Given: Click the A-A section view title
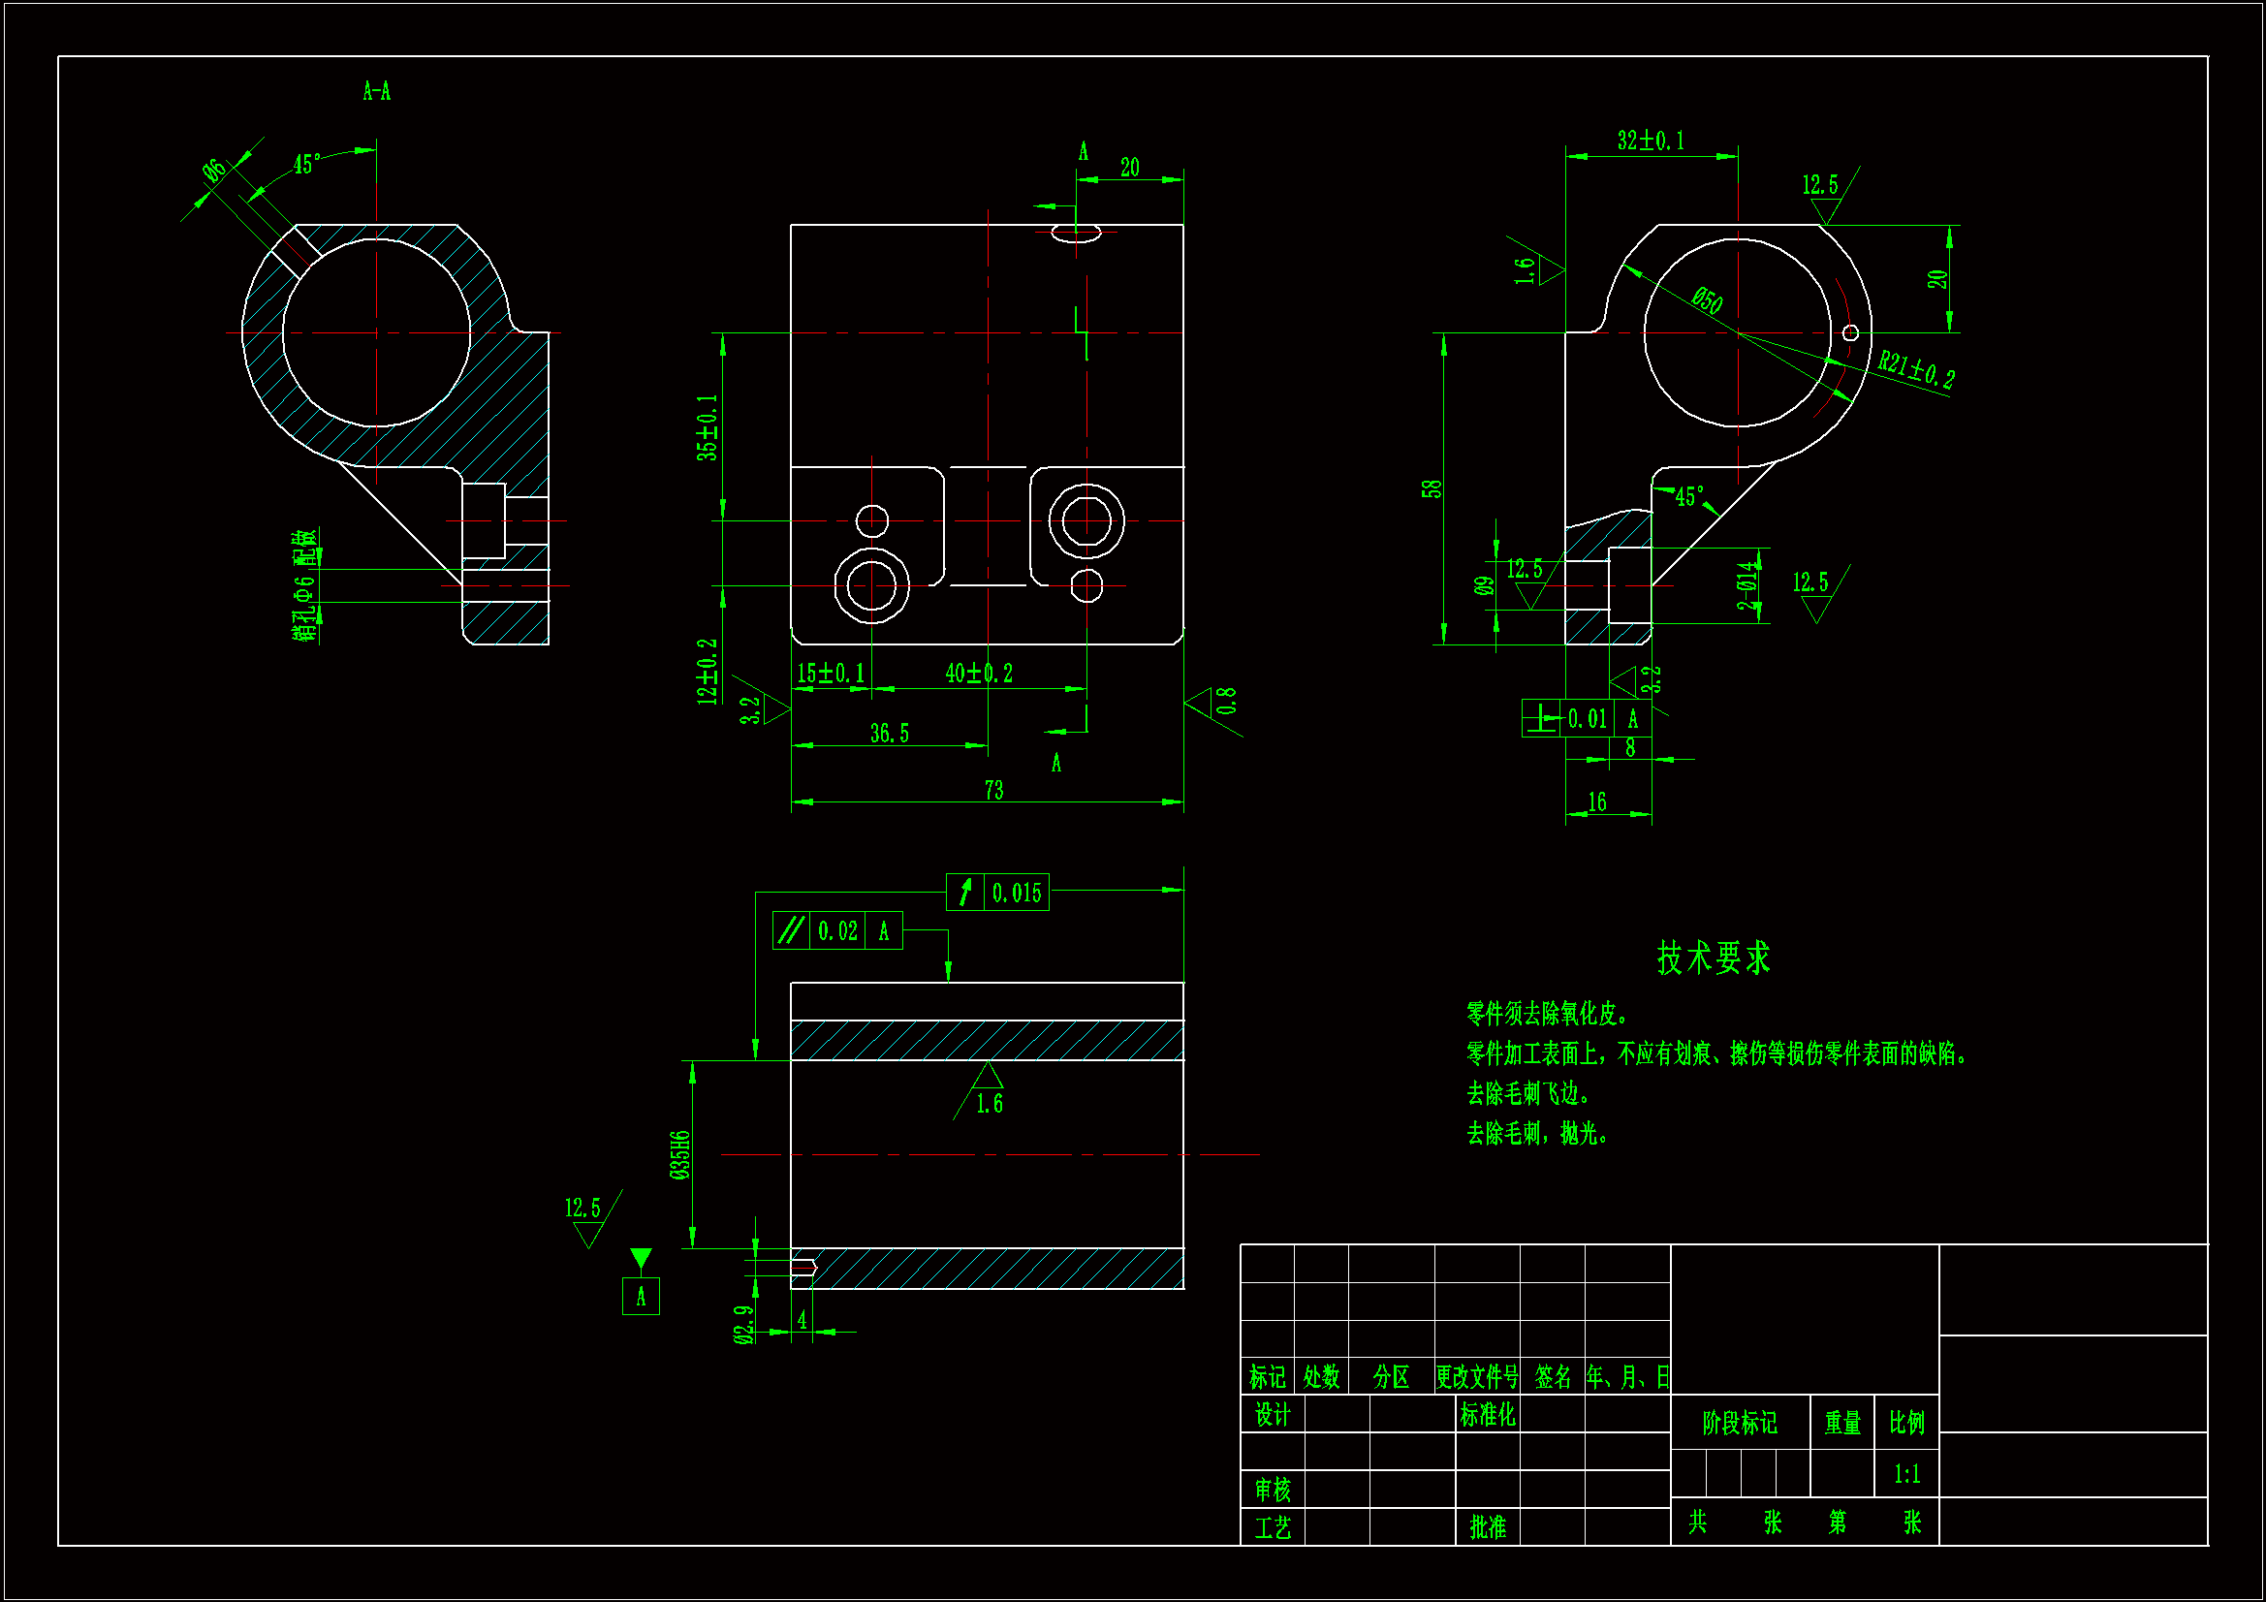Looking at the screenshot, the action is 376,92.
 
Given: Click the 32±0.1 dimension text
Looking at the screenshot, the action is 1651,141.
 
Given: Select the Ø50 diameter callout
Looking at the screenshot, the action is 1707,300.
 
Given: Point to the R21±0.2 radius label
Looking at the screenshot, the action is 1916,370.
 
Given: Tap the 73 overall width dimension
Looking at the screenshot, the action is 993,790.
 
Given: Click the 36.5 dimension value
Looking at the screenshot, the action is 889,734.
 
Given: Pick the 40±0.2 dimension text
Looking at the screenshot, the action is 979,674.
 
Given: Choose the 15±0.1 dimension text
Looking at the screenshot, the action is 831,674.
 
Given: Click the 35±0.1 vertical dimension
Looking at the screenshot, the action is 707,427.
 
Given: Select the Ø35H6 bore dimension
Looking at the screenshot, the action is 679,1155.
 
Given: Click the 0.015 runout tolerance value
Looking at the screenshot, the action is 1017,894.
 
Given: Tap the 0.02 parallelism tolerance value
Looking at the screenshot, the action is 837,930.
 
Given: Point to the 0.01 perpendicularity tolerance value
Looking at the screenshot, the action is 1587,718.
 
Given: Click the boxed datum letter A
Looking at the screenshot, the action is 641,1296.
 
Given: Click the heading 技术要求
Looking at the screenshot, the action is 1714,958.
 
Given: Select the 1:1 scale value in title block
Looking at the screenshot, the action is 1906,1474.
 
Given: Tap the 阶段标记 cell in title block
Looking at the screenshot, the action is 1739,1423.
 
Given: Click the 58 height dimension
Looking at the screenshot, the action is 1432,488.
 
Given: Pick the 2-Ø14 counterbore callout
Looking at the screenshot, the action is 1747,585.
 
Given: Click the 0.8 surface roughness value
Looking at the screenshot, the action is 1226,701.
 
